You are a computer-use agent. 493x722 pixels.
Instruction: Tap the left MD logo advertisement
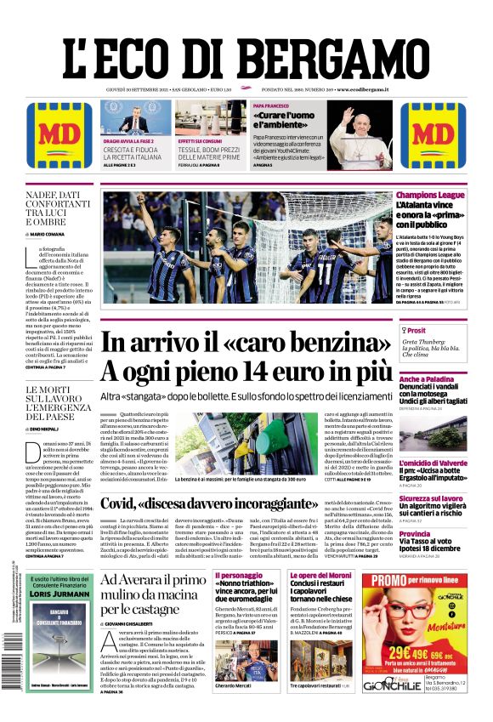coord(59,135)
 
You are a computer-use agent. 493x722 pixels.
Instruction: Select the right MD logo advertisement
coord(433,135)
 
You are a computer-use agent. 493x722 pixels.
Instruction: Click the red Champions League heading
coord(430,196)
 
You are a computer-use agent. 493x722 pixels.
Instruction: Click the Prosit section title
coord(417,331)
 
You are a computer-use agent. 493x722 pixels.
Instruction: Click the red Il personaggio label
coord(240,577)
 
